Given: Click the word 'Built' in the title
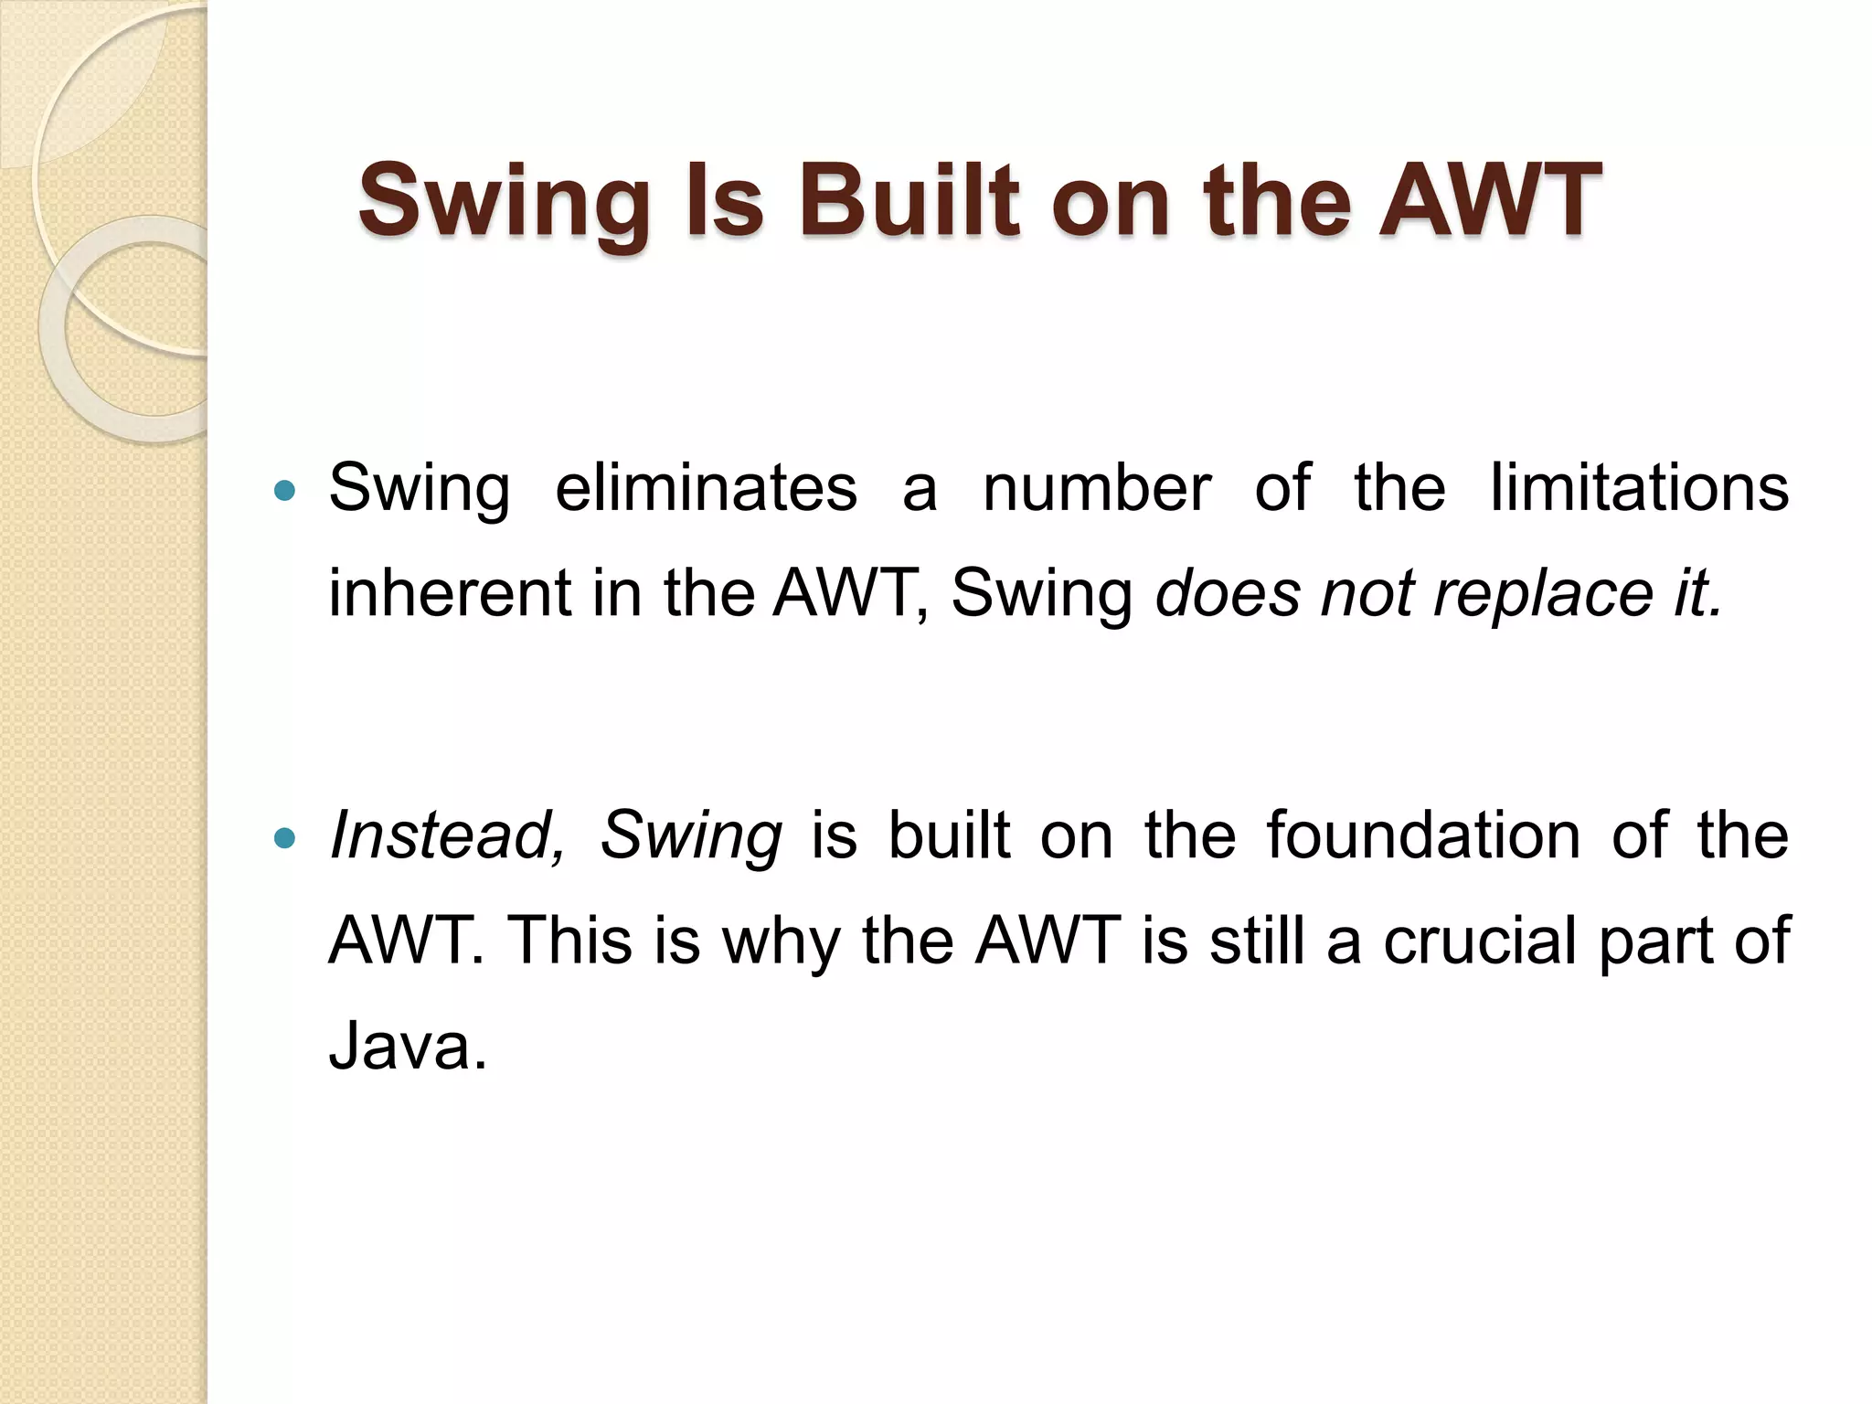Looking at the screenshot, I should click(909, 200).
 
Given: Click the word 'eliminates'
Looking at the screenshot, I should click(707, 488).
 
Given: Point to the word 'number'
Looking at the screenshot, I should click(1097, 488).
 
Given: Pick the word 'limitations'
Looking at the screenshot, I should click(1639, 488).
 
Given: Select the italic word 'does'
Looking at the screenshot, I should click(1228, 593).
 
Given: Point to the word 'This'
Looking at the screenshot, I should click(568, 941).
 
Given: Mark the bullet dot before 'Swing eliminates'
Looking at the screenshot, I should click(285, 491).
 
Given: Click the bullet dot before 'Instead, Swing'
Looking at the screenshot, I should click(285, 837).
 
